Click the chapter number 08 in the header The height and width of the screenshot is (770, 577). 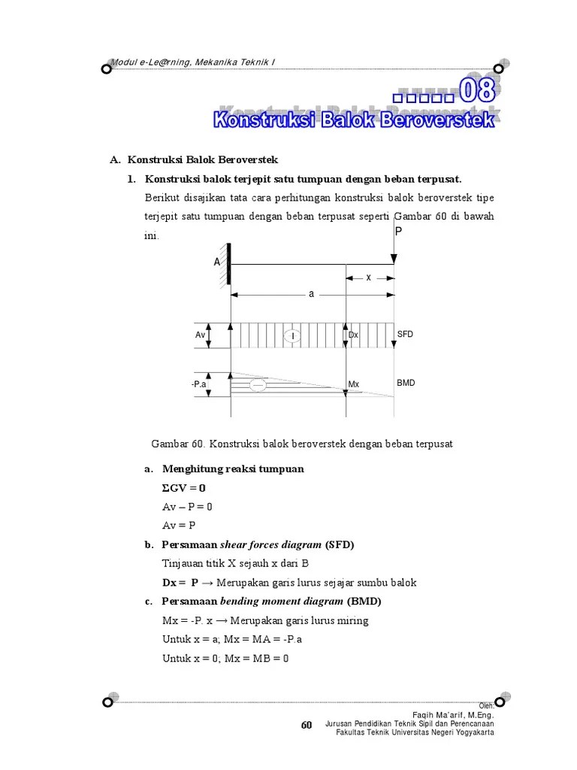coord(477,92)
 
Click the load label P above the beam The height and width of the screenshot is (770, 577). coord(399,232)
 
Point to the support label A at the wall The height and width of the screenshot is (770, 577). coord(217,262)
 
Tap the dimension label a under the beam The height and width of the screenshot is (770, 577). coord(311,294)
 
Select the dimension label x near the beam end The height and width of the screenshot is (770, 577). coord(369,277)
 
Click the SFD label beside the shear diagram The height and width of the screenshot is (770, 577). coord(406,333)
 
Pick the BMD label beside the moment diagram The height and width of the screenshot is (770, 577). coord(406,383)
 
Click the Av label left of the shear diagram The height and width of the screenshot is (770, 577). coord(201,335)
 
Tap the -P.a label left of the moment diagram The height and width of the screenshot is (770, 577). coord(199,384)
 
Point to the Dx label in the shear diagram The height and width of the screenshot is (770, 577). coord(353,335)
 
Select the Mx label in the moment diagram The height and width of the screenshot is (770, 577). coord(353,384)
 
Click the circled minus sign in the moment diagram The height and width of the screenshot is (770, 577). coord(257,384)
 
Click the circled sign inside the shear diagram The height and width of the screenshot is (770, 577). coord(288,335)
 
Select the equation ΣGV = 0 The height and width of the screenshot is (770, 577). coord(184,487)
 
